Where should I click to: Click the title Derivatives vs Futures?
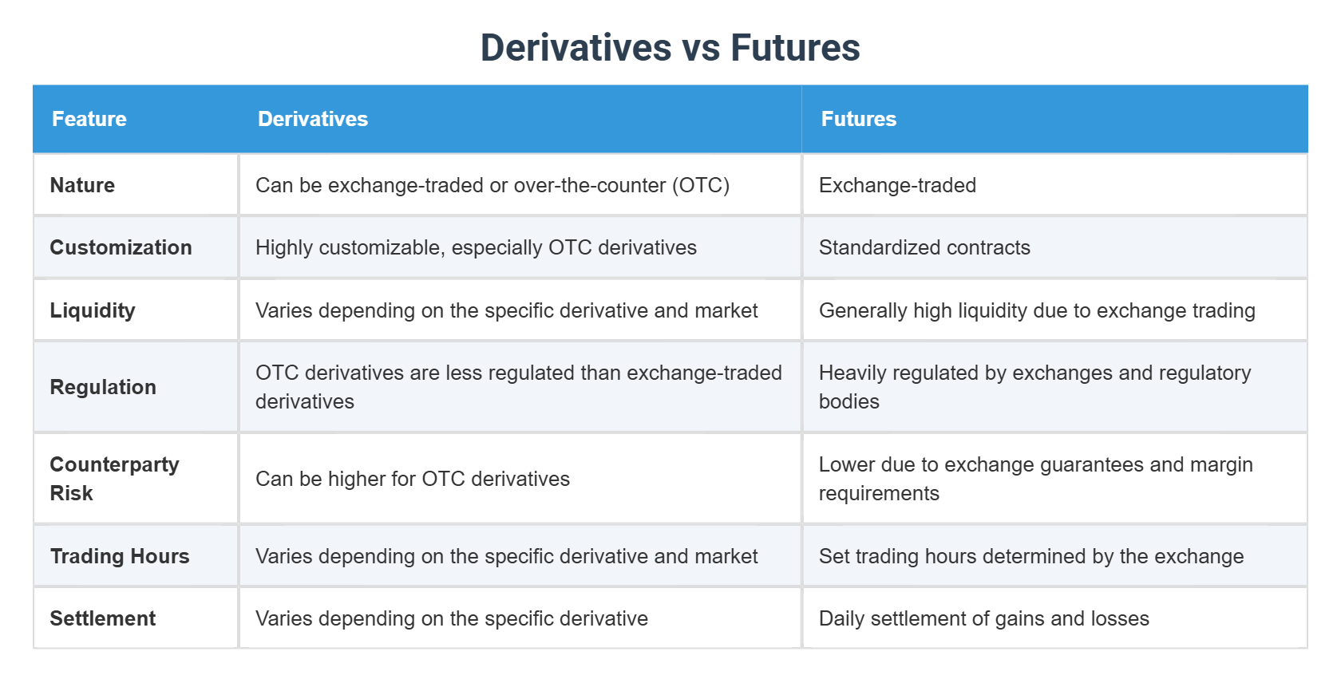(x=670, y=48)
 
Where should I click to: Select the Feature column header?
(x=89, y=119)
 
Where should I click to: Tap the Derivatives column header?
(x=313, y=119)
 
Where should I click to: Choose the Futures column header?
(x=859, y=119)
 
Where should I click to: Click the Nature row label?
(x=82, y=185)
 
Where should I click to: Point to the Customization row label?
(x=121, y=247)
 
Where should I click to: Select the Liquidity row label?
(x=93, y=310)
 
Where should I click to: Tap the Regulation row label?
(x=103, y=387)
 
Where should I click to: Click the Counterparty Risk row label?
(x=114, y=479)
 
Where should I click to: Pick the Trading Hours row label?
(x=120, y=556)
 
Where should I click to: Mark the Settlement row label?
(x=103, y=618)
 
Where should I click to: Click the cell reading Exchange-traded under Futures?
(x=897, y=185)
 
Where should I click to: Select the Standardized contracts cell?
(x=924, y=247)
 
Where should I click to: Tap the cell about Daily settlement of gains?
(x=983, y=618)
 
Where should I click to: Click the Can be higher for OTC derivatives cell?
(x=413, y=479)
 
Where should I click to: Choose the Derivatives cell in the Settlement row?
(x=452, y=618)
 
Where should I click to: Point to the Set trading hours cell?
(x=1031, y=556)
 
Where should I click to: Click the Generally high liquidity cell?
(x=1037, y=310)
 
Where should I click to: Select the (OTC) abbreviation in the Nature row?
(x=701, y=185)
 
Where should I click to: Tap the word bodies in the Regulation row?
(x=849, y=401)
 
